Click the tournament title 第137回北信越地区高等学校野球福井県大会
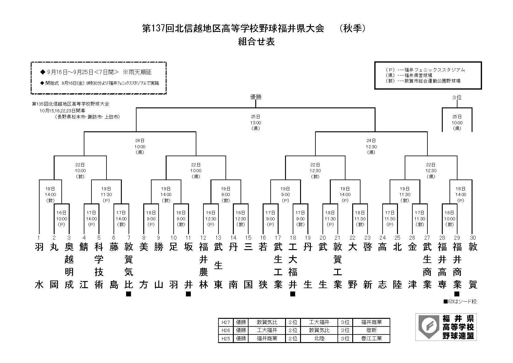233,29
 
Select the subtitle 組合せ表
256,42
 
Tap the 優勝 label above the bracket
256,97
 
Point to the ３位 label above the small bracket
457,98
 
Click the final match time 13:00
256,123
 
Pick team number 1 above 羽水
39,237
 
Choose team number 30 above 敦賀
472,237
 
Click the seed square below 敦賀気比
129,294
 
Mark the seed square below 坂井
188,294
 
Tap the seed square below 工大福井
293,294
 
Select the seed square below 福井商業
457,294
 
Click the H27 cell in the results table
226,322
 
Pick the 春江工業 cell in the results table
371,338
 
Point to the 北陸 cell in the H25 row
319,338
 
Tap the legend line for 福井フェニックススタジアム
425,70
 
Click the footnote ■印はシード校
460,302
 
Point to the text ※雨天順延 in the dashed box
137,72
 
